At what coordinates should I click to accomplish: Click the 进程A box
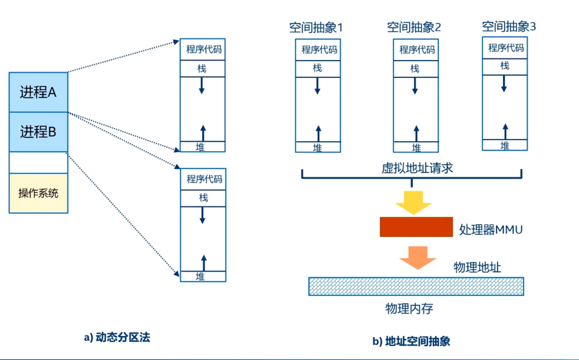pyautogui.click(x=38, y=92)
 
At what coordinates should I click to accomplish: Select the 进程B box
pyautogui.click(x=38, y=132)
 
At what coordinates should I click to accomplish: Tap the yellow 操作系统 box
pyautogui.click(x=38, y=193)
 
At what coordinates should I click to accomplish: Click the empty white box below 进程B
pyautogui.click(x=38, y=163)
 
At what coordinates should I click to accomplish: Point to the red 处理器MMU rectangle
pyautogui.click(x=416, y=227)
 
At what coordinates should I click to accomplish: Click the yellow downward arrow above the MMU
pyautogui.click(x=413, y=202)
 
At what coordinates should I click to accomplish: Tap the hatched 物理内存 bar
pyautogui.click(x=416, y=286)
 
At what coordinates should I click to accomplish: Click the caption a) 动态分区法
pyautogui.click(x=117, y=337)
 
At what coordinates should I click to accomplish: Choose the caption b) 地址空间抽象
pyautogui.click(x=411, y=341)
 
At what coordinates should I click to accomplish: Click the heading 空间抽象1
pyautogui.click(x=316, y=28)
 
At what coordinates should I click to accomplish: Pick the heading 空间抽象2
pyautogui.click(x=414, y=27)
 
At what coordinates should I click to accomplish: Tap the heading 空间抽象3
pyautogui.click(x=508, y=26)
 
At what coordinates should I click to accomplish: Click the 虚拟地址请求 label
pyautogui.click(x=417, y=168)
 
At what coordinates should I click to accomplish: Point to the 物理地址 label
pyautogui.click(x=477, y=267)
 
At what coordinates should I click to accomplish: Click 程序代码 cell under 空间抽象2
pyautogui.click(x=416, y=50)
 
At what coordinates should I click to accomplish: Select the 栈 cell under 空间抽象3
pyautogui.click(x=505, y=66)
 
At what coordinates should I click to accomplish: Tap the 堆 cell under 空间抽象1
pyautogui.click(x=318, y=147)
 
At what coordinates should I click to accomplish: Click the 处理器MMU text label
pyautogui.click(x=490, y=229)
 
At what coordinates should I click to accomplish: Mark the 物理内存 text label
pyautogui.click(x=409, y=308)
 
